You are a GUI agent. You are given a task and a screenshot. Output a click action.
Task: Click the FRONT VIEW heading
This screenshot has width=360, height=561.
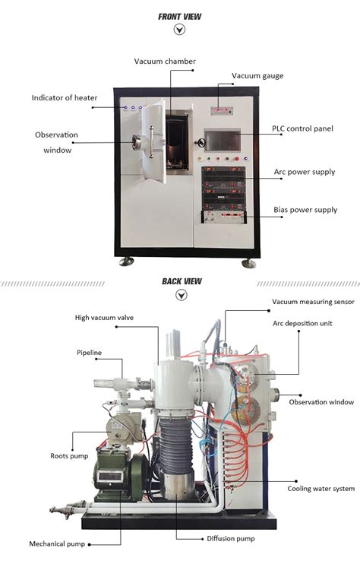click(179, 16)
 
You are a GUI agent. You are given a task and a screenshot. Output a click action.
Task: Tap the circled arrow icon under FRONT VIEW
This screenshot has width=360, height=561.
click(180, 30)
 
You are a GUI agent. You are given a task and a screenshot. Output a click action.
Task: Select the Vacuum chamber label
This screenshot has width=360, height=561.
click(165, 62)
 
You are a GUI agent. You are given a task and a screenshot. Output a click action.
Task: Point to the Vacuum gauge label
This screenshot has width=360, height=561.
click(257, 75)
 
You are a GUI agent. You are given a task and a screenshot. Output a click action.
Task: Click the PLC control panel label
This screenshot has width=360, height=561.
click(302, 128)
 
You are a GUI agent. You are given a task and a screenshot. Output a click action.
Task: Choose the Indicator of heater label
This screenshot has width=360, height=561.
click(65, 98)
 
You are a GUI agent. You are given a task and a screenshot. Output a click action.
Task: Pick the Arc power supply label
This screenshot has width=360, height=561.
click(305, 172)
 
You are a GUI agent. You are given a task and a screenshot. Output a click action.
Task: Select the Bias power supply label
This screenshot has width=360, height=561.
click(305, 209)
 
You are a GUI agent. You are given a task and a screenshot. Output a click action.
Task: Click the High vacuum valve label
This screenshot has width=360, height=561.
click(104, 317)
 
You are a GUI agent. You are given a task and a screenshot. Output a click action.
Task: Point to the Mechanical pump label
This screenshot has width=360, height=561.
click(57, 544)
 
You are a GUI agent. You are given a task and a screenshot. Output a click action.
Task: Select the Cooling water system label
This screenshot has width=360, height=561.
click(320, 488)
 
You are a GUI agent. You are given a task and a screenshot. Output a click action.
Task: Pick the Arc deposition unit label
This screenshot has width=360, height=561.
click(302, 323)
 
